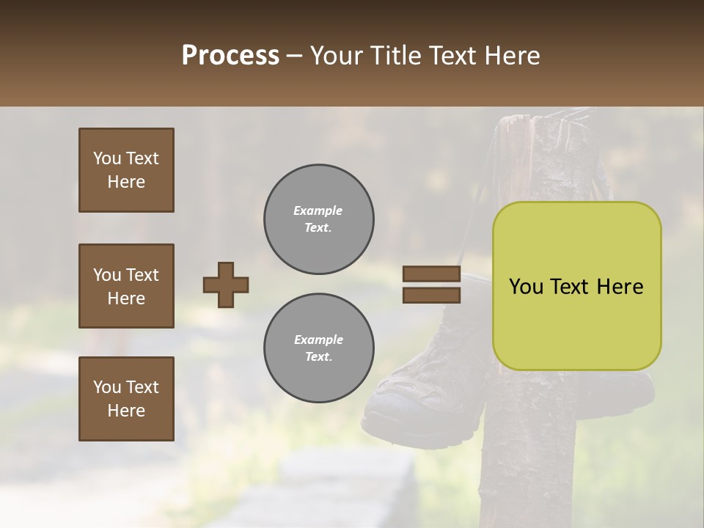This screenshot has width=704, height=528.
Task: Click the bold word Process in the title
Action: point(230,56)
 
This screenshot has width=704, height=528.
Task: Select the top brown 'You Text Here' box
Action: point(126,170)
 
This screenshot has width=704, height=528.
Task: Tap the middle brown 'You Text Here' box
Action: point(126,286)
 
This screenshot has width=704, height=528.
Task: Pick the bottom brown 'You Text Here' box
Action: point(126,399)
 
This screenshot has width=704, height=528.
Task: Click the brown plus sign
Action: point(226,285)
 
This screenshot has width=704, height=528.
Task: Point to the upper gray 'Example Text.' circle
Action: point(318,219)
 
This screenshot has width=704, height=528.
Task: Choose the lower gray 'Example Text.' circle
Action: point(318,348)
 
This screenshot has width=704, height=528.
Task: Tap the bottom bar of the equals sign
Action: point(431,295)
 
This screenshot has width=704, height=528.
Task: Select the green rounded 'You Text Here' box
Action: point(576,286)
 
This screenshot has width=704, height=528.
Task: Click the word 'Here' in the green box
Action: point(620,287)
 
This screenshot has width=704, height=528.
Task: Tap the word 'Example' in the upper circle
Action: point(318,210)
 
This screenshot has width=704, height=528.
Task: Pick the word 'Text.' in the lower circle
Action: point(318,357)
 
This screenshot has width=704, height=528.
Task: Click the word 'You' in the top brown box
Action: point(107,158)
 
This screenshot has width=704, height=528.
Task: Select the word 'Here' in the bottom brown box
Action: point(126,411)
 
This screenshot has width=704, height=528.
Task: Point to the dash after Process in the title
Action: point(295,56)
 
